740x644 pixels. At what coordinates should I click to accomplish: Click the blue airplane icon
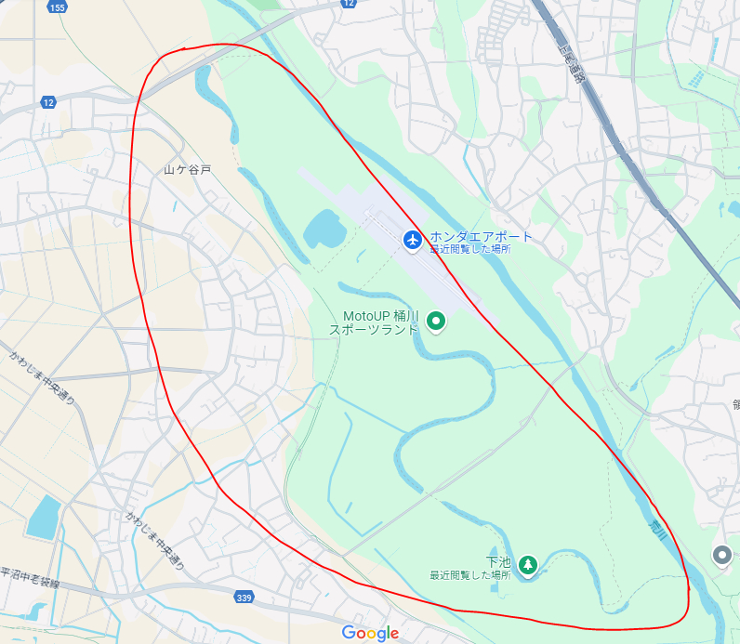click(413, 240)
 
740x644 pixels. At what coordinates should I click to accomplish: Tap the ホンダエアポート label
click(482, 236)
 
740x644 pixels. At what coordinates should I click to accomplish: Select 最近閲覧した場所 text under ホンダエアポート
click(469, 249)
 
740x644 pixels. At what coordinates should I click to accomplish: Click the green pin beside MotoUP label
click(435, 322)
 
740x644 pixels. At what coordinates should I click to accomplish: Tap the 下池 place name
click(498, 561)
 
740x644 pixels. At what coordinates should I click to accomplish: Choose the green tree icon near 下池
click(528, 564)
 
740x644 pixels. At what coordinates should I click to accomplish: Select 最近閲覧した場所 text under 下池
click(469, 575)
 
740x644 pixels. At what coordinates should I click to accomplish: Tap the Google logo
click(370, 633)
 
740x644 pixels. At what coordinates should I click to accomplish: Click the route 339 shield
click(244, 596)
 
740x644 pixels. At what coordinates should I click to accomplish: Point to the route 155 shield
click(59, 7)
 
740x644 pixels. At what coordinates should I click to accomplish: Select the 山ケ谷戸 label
click(188, 170)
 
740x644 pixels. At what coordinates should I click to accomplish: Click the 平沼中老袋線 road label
click(30, 577)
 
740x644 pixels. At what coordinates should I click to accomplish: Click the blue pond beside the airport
click(323, 229)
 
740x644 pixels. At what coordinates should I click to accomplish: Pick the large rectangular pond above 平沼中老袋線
click(43, 518)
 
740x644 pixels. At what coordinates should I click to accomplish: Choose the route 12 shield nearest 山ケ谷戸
click(48, 101)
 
